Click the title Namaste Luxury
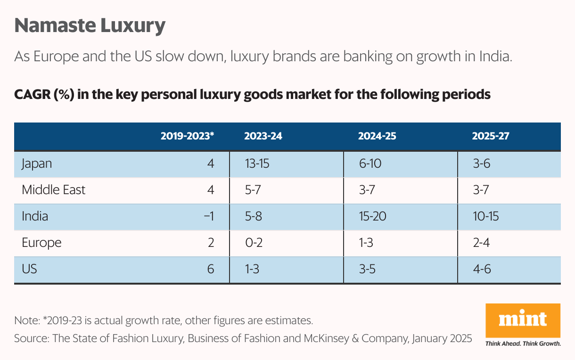pyautogui.click(x=90, y=26)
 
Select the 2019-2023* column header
pyautogui.click(x=187, y=136)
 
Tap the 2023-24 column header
pyautogui.click(x=263, y=136)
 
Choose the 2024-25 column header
pyautogui.click(x=377, y=136)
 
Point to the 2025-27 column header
pyautogui.click(x=491, y=136)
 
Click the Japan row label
pyautogui.click(x=37, y=164)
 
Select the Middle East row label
pyautogui.click(x=54, y=190)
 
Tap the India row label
pyautogui.click(x=35, y=216)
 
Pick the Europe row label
pyautogui.click(x=41, y=243)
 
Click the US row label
pyautogui.click(x=29, y=269)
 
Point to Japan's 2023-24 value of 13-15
pyautogui.click(x=257, y=164)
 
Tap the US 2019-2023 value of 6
pyautogui.click(x=210, y=269)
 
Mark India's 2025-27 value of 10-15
pyautogui.click(x=485, y=216)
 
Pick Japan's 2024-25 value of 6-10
pyautogui.click(x=370, y=164)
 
